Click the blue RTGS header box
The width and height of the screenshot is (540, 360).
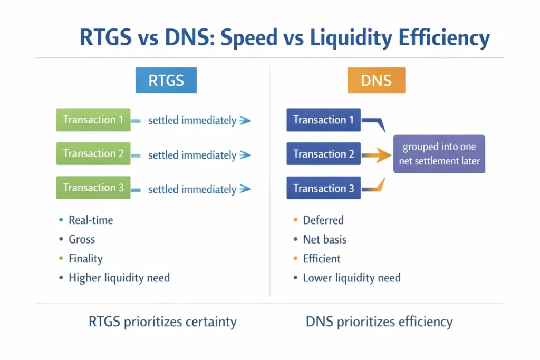pos(166,80)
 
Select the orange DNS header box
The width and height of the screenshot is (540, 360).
pos(376,80)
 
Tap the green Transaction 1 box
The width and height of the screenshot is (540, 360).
pos(93,120)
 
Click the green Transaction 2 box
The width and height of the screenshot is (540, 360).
pos(93,154)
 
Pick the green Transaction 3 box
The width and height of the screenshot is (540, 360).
pos(93,188)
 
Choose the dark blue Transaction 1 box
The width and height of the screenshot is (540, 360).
pos(323,120)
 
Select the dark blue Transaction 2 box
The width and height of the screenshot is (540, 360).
pos(323,154)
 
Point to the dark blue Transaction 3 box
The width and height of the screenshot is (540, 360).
pos(323,188)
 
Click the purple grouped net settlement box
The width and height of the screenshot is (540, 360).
pos(439,154)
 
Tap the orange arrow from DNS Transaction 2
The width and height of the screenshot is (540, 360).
pos(377,154)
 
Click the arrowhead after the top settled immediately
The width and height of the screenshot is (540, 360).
pos(245,121)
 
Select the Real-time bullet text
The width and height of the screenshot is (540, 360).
pos(91,220)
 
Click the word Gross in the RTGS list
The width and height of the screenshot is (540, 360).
pos(82,239)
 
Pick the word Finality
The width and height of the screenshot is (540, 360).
pos(85,258)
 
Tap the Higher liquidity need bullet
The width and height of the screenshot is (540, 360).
pos(119,277)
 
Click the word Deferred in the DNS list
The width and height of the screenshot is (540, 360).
pos(323,220)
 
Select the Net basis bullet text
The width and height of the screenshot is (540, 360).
pos(324,239)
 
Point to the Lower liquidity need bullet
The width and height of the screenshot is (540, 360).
pos(352,277)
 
